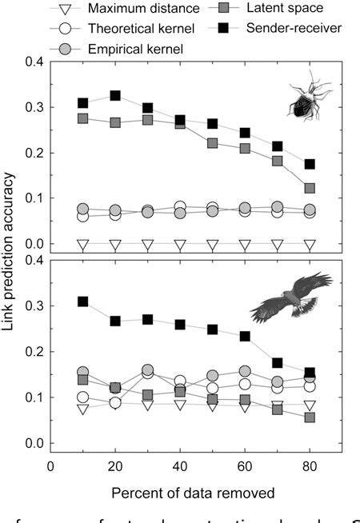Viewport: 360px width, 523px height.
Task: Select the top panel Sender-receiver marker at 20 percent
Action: click(x=115, y=96)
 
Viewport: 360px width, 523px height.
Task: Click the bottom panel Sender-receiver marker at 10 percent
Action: click(x=82, y=301)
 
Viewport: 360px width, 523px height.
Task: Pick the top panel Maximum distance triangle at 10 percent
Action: click(x=82, y=244)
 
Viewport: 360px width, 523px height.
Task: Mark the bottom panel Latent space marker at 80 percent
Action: click(x=310, y=417)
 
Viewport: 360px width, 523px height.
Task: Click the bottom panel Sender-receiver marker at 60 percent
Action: click(x=245, y=336)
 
